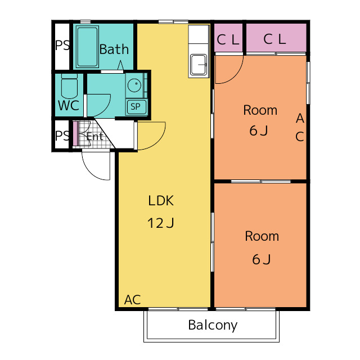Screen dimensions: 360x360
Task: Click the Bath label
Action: (114, 49)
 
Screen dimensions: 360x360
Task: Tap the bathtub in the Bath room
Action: (87, 47)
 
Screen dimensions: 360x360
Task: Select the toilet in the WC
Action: (69, 86)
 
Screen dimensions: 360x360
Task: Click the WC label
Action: (69, 105)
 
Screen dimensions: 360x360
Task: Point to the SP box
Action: (136, 106)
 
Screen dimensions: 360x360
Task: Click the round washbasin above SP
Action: (134, 85)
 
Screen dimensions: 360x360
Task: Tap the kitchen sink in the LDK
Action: (199, 65)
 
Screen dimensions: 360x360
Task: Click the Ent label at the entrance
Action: (95, 137)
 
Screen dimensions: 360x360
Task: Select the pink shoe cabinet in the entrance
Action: (75, 133)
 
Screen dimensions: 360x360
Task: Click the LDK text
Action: (161, 200)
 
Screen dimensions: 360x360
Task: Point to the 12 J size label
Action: (161, 223)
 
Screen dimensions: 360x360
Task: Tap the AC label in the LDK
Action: (133, 300)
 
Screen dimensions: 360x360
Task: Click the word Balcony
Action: (213, 326)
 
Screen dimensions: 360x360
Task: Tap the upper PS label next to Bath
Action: (62, 45)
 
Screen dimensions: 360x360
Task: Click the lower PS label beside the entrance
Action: (62, 136)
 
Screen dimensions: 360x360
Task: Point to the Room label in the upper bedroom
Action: (260, 110)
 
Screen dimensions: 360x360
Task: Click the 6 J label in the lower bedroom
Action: (262, 259)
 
